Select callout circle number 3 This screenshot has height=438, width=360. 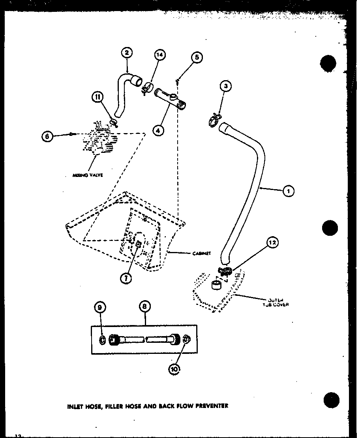point(225,86)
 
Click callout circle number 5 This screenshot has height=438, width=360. point(197,57)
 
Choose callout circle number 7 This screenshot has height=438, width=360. point(127,278)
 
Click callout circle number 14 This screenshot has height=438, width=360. point(159,55)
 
